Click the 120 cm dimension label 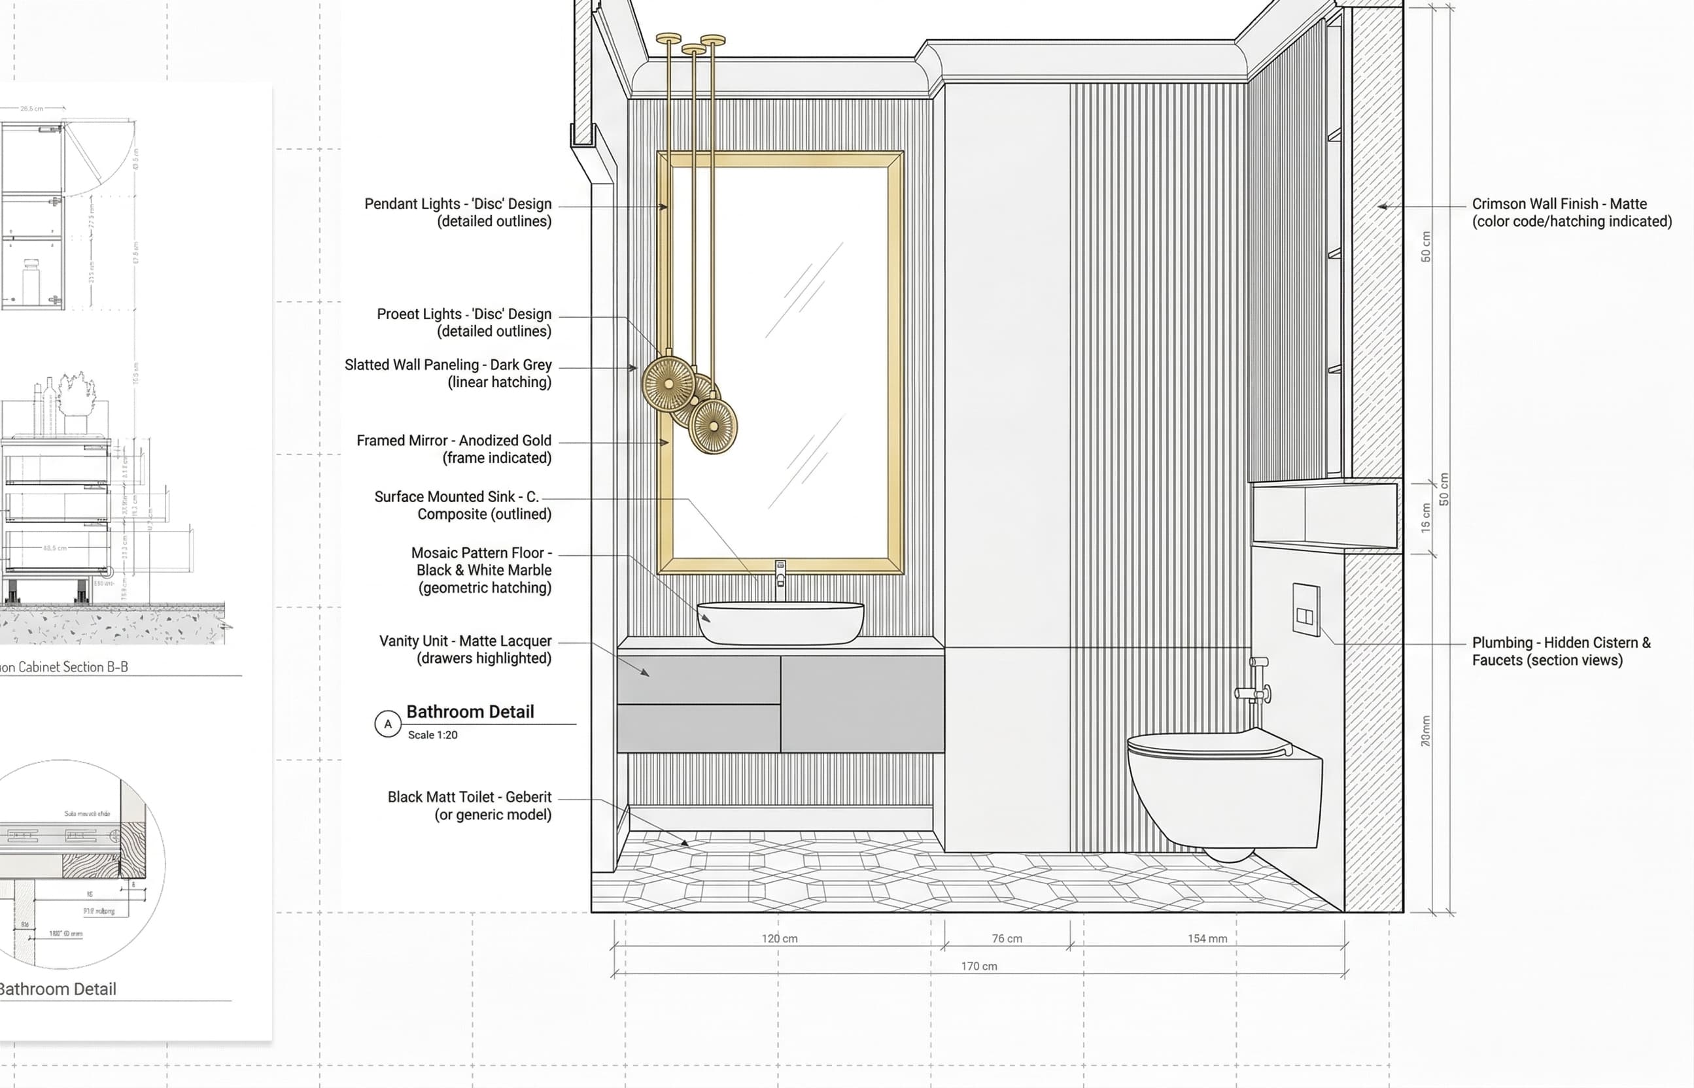tap(779, 938)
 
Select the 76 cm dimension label tap(1007, 938)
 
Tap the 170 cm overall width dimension tap(979, 966)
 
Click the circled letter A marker tap(387, 724)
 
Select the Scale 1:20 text tap(432, 735)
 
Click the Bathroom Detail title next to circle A tap(470, 711)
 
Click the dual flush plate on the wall tap(1305, 609)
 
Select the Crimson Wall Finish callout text tap(1571, 212)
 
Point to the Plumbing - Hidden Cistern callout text tap(1561, 651)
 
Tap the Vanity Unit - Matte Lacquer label tap(465, 649)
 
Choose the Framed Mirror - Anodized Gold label tap(454, 449)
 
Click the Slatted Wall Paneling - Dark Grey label tap(448, 373)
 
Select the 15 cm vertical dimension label tap(1425, 518)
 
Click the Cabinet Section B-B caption tap(63, 667)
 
